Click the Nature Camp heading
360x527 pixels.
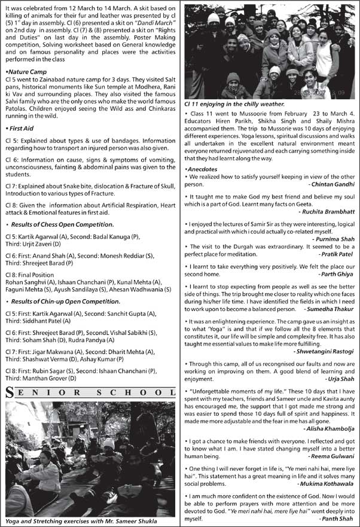(26, 72)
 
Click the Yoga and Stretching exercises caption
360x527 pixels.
(81, 522)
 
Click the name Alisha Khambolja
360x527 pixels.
(328, 428)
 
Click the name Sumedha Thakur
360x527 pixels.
(330, 309)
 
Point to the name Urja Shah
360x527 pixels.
(340, 379)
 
